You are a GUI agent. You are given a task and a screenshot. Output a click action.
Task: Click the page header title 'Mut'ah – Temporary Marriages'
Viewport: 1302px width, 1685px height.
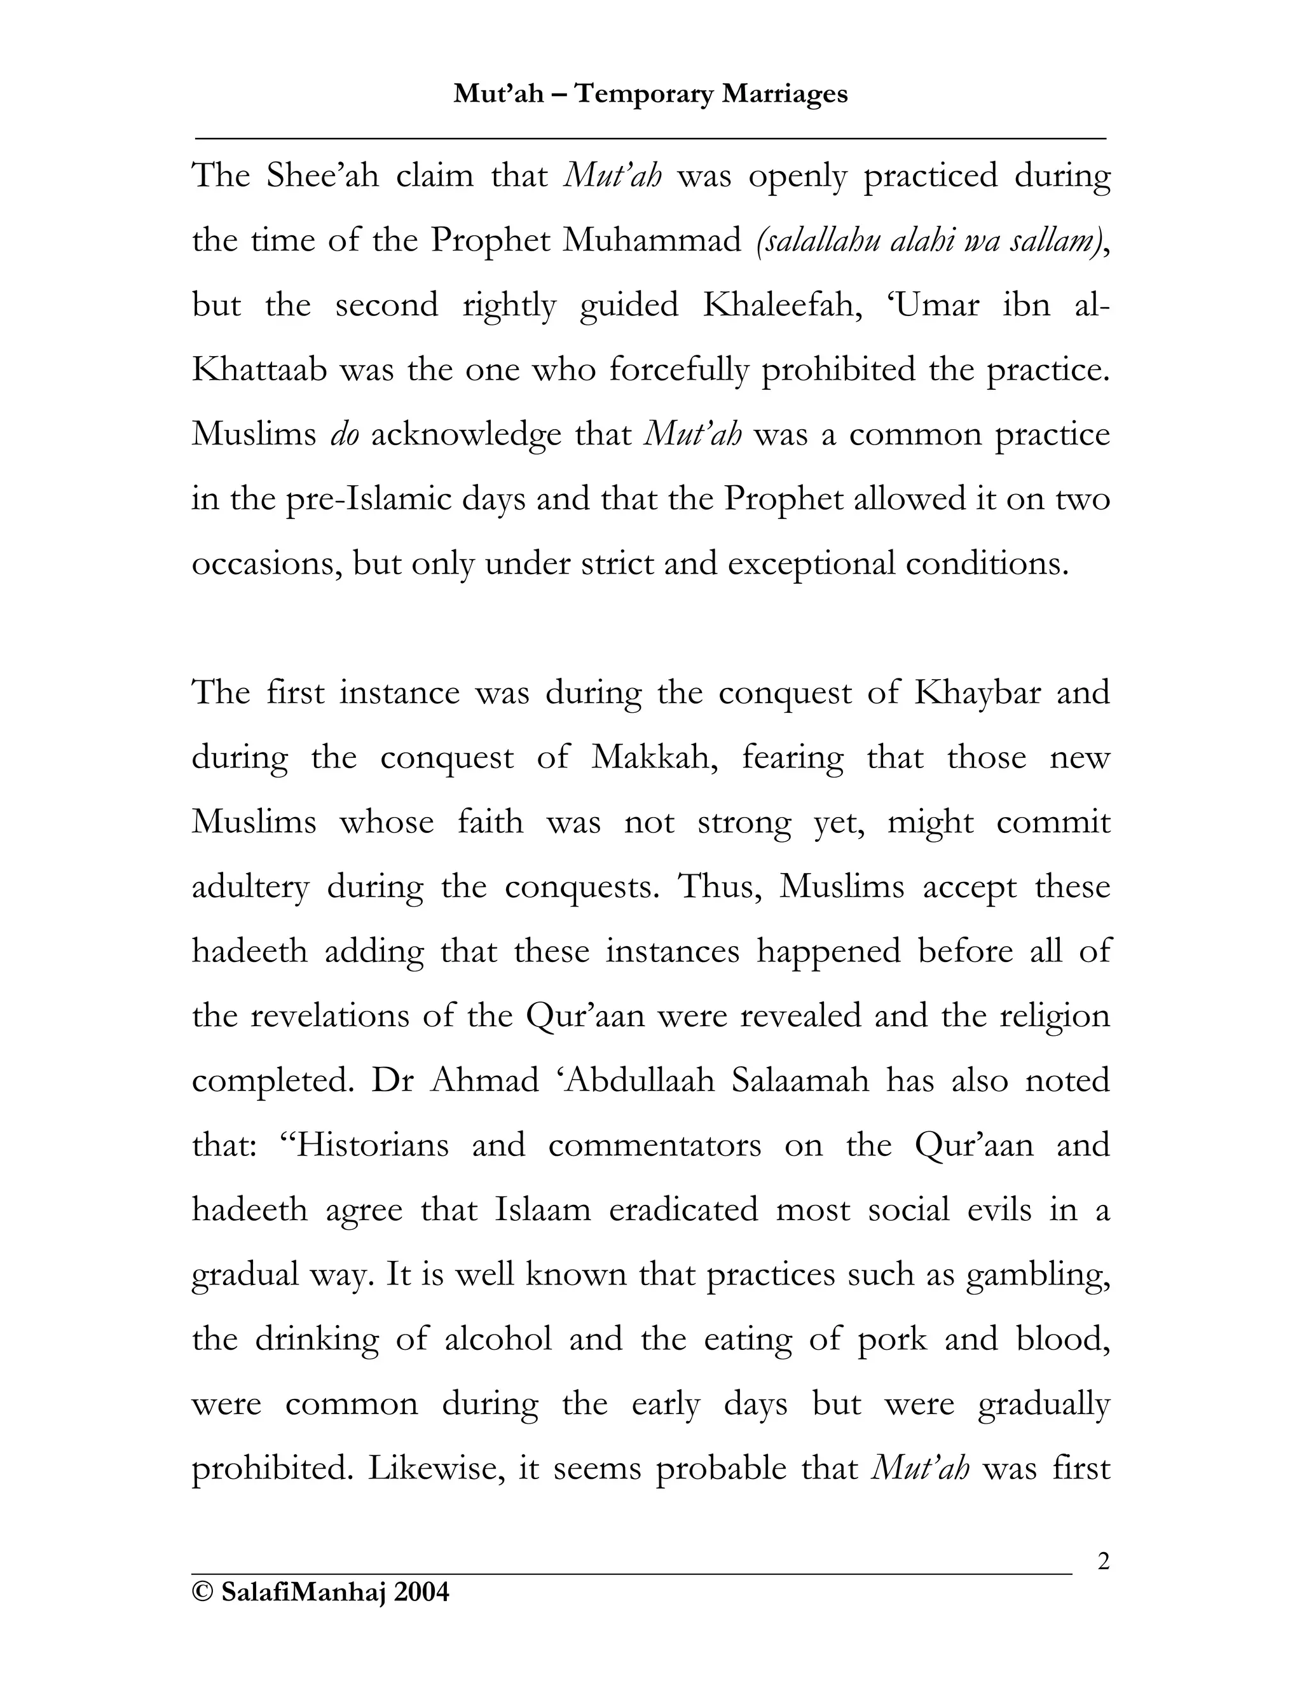click(650, 94)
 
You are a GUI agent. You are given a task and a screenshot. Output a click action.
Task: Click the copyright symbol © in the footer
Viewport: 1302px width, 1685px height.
click(202, 1592)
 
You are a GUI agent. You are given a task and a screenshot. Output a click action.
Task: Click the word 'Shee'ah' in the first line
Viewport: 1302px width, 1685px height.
click(322, 176)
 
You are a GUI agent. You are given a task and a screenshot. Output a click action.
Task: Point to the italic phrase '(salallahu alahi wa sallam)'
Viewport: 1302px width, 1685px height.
click(931, 241)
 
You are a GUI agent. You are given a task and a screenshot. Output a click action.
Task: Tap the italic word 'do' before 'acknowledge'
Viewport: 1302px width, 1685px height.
click(344, 435)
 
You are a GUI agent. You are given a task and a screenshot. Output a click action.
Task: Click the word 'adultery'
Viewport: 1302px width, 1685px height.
click(250, 887)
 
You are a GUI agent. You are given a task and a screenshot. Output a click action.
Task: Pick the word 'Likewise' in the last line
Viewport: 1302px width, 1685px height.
click(435, 1469)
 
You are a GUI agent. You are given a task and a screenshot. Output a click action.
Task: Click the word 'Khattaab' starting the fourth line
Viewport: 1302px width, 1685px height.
click(258, 370)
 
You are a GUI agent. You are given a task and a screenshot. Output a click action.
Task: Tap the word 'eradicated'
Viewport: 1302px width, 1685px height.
click(683, 1211)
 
